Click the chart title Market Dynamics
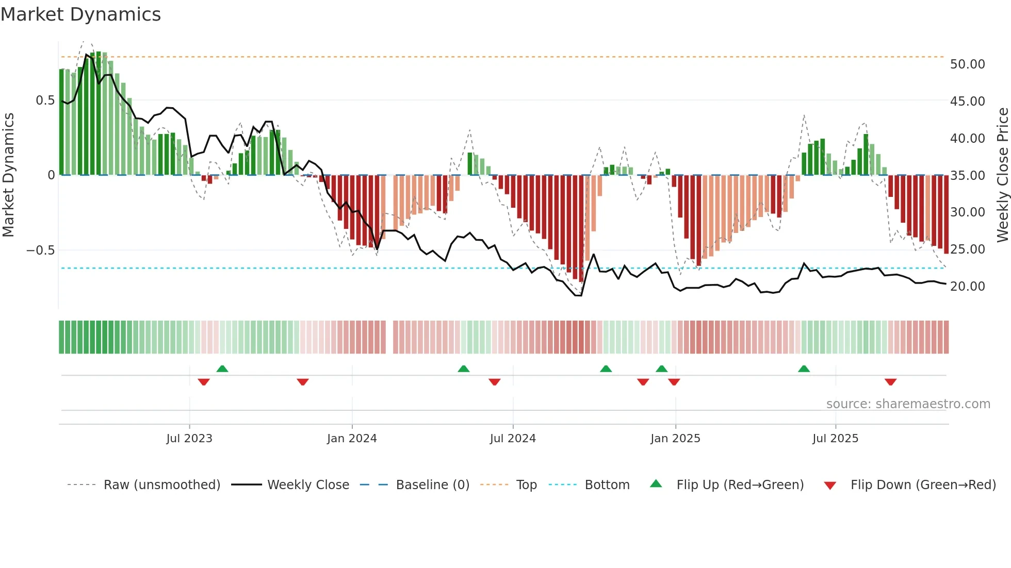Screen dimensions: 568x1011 (80, 14)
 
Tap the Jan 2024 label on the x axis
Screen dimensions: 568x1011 (352, 439)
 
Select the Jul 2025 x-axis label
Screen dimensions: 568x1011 (835, 439)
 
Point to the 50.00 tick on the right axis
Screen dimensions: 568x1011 (967, 64)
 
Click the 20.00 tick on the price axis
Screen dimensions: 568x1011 (967, 287)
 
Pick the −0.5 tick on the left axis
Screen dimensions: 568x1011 (40, 250)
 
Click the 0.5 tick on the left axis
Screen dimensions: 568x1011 (45, 101)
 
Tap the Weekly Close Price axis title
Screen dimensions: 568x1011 (1002, 175)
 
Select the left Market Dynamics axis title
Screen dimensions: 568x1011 (8, 175)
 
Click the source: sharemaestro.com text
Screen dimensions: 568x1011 (908, 404)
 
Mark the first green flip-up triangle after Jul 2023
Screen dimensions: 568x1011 (222, 369)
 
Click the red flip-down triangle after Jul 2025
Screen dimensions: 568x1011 (890, 382)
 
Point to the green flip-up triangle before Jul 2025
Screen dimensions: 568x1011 (804, 369)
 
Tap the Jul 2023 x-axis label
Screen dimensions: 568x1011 (189, 439)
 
